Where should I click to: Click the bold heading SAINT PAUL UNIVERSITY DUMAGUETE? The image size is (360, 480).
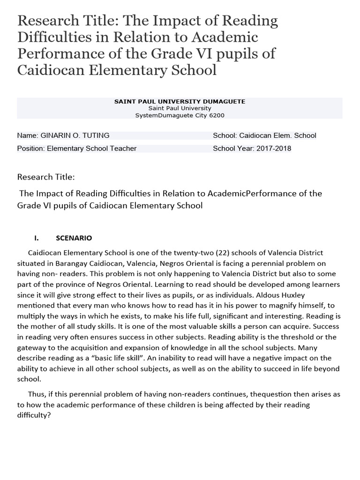coord(180,101)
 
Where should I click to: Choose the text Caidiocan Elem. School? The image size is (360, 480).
coord(278,135)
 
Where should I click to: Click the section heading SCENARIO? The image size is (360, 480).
coord(74,238)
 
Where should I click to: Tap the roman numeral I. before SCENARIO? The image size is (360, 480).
coord(39,238)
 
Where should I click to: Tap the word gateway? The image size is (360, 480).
coord(32,348)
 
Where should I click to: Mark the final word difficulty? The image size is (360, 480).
coord(34,415)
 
